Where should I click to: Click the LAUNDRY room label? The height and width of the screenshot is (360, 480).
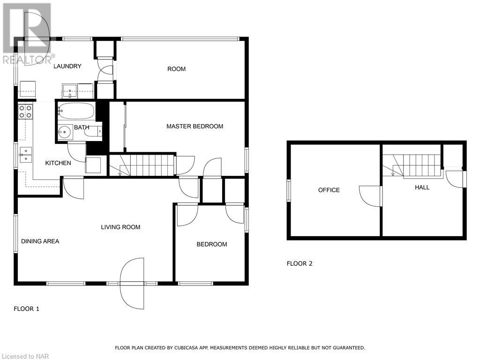(x=67, y=66)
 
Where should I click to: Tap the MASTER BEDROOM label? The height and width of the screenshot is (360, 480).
(x=195, y=126)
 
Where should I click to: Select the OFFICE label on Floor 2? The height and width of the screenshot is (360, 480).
(x=329, y=190)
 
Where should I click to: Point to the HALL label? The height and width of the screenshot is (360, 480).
(x=422, y=187)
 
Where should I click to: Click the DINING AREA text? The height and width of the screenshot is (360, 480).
(x=40, y=241)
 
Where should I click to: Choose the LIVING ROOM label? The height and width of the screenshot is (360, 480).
(x=120, y=227)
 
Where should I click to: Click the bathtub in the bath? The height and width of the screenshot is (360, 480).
(x=76, y=111)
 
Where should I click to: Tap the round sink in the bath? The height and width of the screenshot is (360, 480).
(x=65, y=133)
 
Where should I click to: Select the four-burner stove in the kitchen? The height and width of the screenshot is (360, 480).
(x=25, y=112)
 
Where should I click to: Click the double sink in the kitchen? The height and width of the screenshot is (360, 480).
(x=25, y=155)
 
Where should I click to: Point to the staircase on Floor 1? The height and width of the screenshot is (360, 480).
(x=142, y=165)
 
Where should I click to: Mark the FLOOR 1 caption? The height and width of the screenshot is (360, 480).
(x=27, y=309)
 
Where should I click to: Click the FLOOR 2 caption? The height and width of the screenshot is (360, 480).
(x=300, y=263)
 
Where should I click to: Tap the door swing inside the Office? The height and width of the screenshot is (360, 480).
(x=369, y=196)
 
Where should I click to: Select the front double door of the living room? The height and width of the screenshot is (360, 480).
(x=132, y=284)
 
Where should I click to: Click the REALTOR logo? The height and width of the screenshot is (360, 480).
(x=28, y=34)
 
